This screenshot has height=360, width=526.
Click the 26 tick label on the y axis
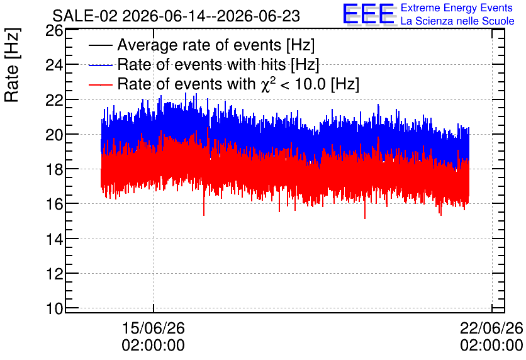(54, 31)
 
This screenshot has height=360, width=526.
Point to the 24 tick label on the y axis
(54, 65)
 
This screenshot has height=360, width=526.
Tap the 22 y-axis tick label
(54, 100)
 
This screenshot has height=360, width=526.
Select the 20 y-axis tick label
(54, 135)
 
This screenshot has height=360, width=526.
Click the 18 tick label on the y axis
(54, 169)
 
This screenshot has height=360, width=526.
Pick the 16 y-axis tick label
(54, 204)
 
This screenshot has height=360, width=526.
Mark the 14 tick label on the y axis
(54, 239)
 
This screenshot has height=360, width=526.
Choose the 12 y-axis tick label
(54, 274)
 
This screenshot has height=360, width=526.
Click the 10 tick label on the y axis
(54, 308)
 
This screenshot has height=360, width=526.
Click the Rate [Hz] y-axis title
(13, 65)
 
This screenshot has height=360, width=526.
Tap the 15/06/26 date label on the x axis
(154, 328)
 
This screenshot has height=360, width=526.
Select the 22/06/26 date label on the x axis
(491, 328)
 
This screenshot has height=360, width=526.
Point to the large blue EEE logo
(369, 14)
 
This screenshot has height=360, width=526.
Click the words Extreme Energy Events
(457, 8)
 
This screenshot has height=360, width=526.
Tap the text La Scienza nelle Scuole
(457, 21)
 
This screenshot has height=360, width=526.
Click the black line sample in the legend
(101, 45)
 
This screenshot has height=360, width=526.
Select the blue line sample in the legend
(101, 65)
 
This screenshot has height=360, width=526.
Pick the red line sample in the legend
(101, 84)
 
